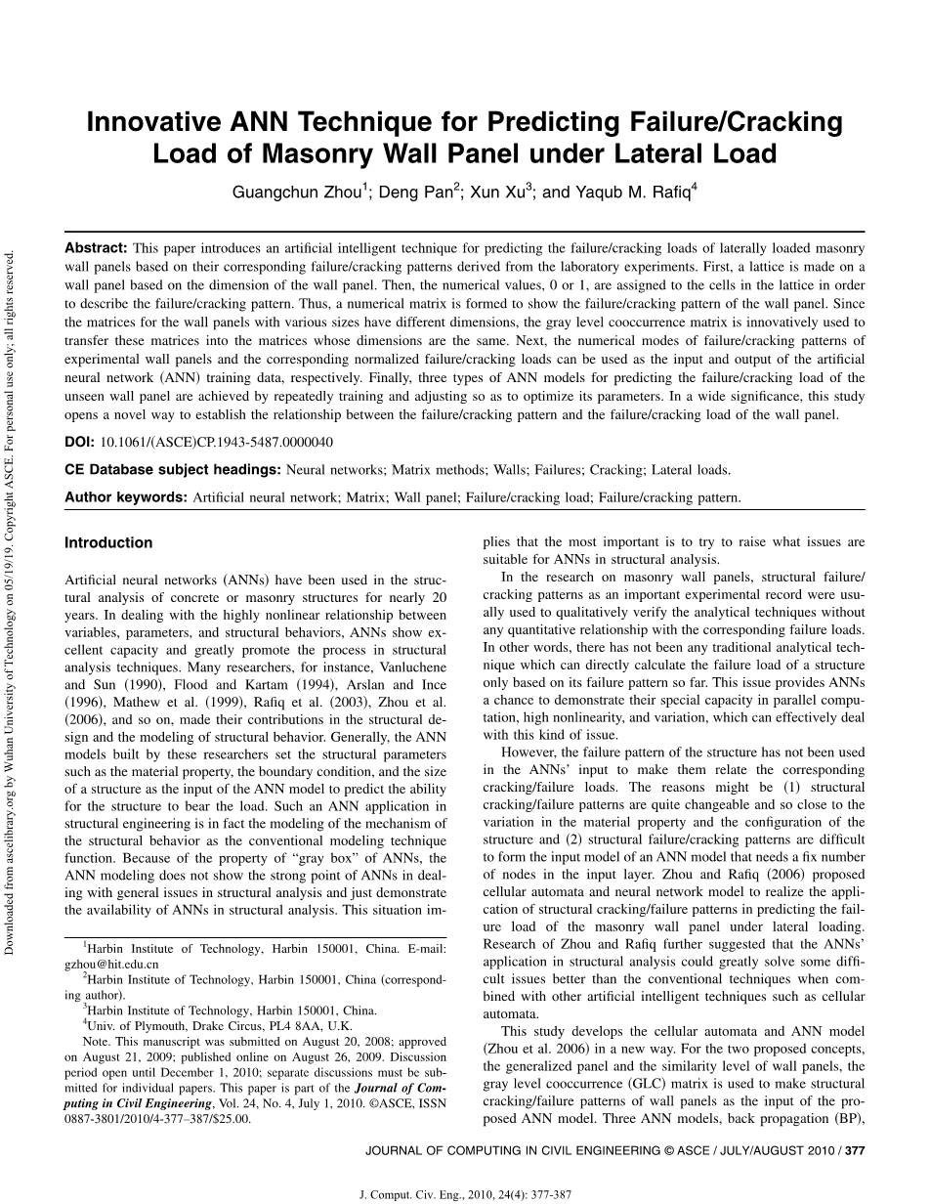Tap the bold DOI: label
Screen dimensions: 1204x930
click(80, 442)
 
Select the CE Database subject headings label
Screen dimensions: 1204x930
click(172, 470)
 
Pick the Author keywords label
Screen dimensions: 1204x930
click(125, 497)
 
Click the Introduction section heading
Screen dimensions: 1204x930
click(108, 543)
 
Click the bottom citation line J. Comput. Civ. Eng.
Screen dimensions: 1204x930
click(465, 1194)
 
